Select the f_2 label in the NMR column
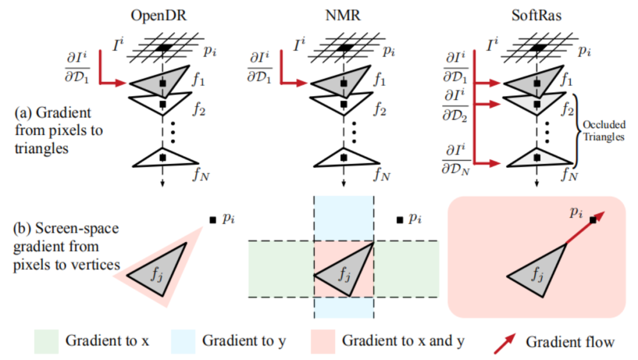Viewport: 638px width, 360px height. pos(379,109)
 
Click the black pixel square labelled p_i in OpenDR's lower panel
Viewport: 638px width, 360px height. pos(212,220)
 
